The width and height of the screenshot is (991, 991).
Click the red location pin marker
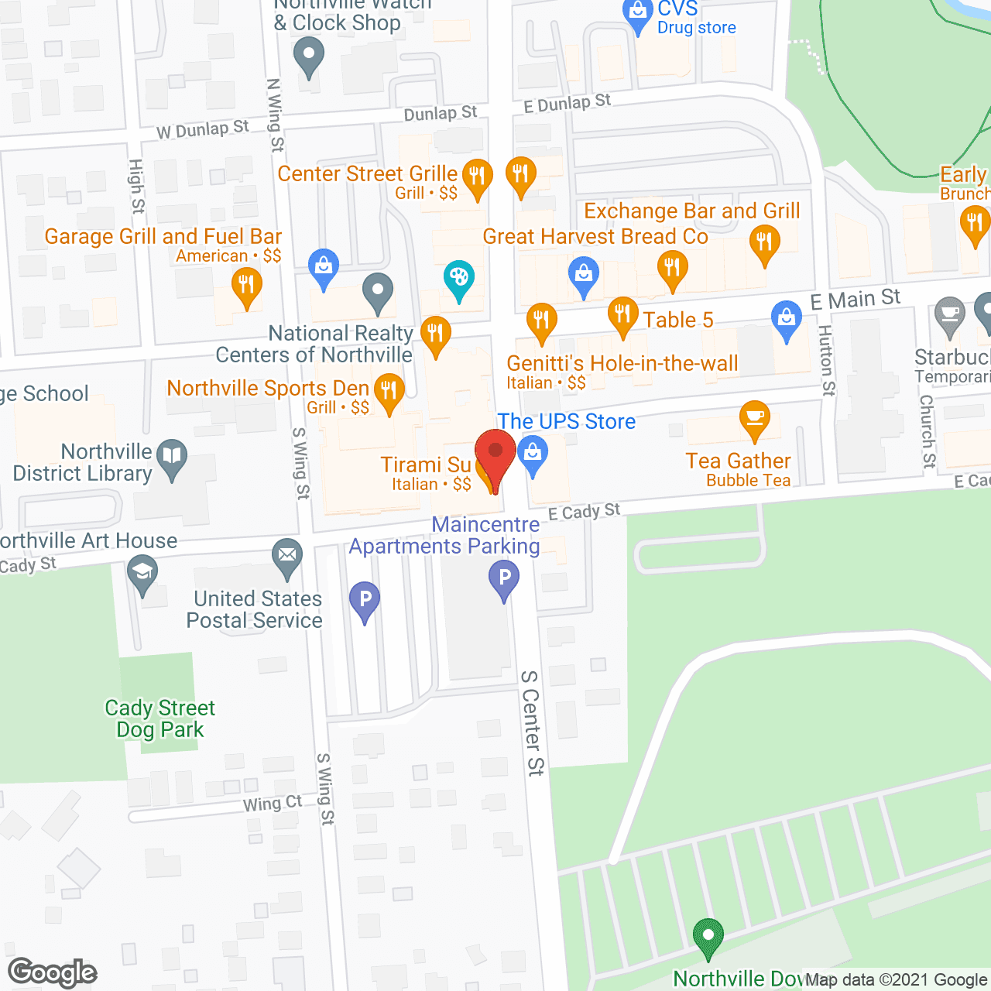click(495, 453)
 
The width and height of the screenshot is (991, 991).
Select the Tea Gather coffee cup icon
click(754, 420)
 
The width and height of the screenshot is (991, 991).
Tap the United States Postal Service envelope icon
click(287, 556)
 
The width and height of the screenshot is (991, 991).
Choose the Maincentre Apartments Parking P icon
click(504, 578)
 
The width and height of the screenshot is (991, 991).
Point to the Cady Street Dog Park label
click(160, 718)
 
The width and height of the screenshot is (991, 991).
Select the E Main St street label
click(855, 300)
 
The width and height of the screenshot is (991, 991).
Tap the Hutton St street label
click(827, 360)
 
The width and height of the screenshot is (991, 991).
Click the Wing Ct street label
click(273, 804)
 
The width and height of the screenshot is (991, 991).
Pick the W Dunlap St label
click(203, 129)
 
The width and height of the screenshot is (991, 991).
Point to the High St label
click(137, 187)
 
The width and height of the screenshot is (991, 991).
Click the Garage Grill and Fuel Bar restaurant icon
click(246, 286)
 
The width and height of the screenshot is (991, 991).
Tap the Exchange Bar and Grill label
click(691, 211)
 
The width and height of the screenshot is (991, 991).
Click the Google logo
click(53, 972)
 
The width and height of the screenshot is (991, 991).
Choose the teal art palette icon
click(459, 277)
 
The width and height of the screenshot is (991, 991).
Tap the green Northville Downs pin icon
click(708, 936)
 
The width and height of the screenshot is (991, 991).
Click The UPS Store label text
click(566, 421)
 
